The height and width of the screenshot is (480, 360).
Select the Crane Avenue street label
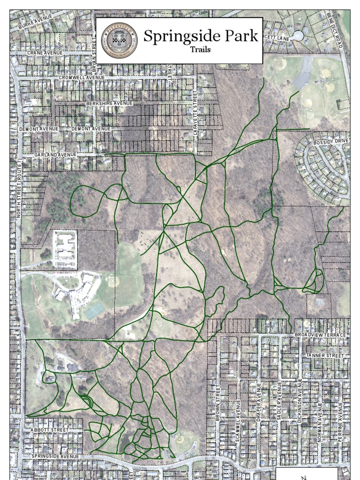45,53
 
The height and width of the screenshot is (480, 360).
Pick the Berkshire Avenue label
109,103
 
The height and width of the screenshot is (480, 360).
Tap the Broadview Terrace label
320,335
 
